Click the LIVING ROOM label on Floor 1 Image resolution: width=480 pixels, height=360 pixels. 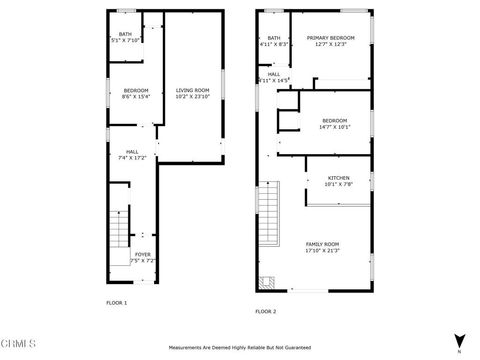pyautogui.click(x=191, y=91)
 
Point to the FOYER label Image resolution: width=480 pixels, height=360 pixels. pyautogui.click(x=142, y=255)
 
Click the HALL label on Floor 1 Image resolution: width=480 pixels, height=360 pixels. pyautogui.click(x=131, y=151)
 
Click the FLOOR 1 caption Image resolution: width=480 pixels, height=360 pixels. pyautogui.click(x=118, y=301)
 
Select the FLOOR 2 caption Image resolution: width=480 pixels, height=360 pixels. pyautogui.click(x=265, y=311)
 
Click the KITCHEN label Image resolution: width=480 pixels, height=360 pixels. pyautogui.click(x=337, y=178)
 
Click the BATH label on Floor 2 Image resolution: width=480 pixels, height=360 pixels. pyautogui.click(x=273, y=38)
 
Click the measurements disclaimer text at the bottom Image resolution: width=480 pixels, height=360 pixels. pyautogui.click(x=239, y=347)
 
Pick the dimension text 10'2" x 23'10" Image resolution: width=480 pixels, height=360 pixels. pyautogui.click(x=191, y=98)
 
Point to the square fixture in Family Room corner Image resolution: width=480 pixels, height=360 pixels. pyautogui.click(x=266, y=282)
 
